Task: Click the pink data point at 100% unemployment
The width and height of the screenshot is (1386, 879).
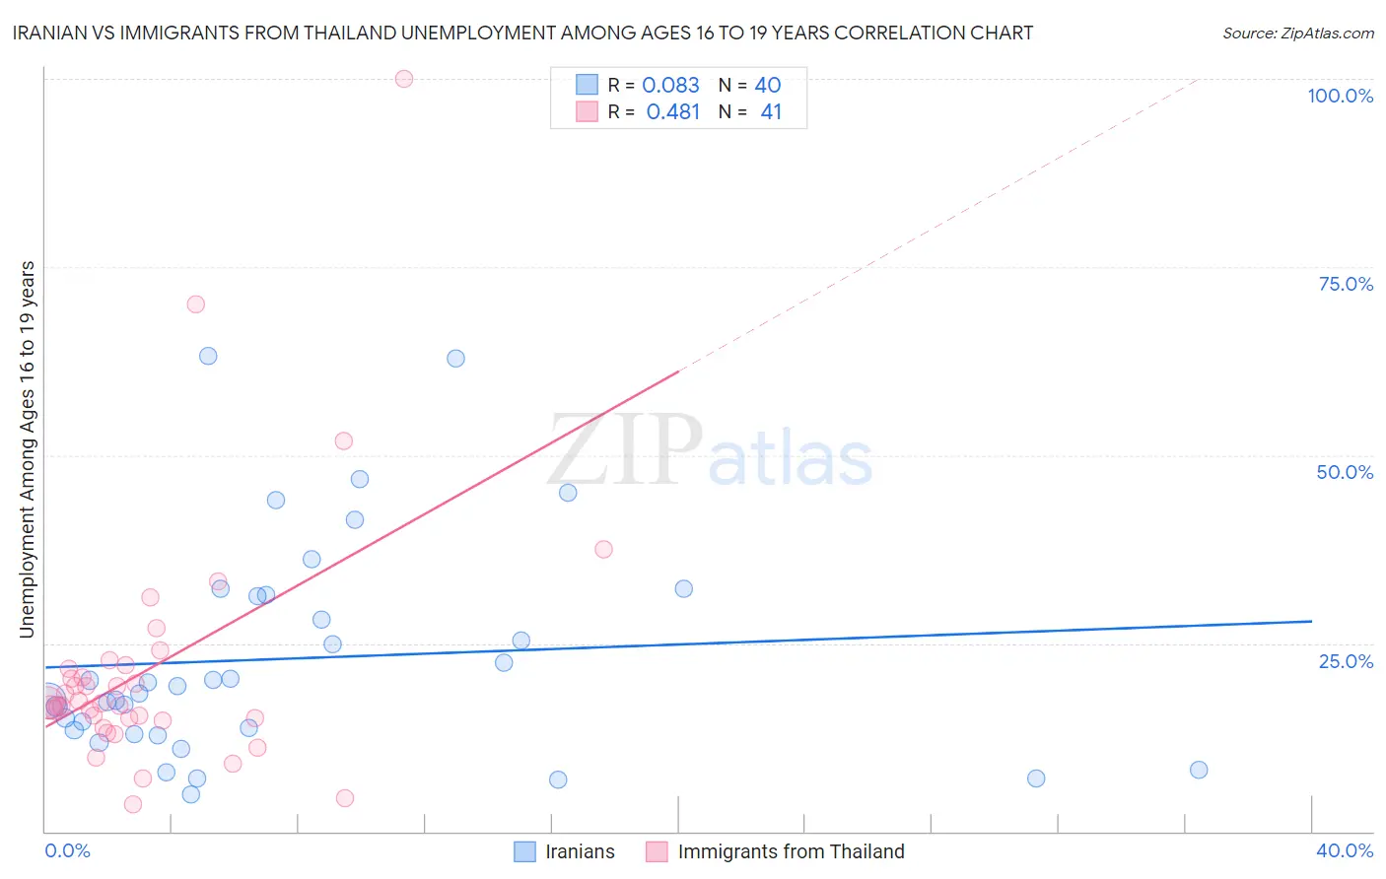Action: pos(403,79)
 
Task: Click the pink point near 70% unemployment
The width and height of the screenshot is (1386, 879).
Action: pos(195,304)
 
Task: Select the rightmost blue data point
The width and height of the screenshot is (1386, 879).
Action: pos(1199,770)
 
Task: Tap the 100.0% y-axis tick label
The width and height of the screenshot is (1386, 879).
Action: pos(1340,96)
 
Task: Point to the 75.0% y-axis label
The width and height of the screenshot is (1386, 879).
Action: pos(1346,284)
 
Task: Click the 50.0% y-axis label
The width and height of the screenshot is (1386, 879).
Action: pos(1345,472)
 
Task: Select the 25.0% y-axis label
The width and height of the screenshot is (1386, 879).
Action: pos(1346,661)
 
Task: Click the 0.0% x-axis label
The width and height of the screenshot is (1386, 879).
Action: pos(67,850)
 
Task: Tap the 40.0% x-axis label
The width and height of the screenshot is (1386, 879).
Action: pos(1345,850)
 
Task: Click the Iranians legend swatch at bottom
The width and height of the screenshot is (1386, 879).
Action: pos(525,851)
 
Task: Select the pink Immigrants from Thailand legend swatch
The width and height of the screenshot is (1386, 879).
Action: pos(658,851)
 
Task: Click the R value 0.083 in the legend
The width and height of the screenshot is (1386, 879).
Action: pos(670,86)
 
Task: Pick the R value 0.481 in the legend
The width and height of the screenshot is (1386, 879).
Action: pos(672,112)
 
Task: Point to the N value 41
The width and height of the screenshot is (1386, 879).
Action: pos(771,112)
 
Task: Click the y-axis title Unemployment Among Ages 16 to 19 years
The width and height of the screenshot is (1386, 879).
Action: pos(28,449)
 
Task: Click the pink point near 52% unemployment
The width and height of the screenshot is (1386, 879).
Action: pos(343,440)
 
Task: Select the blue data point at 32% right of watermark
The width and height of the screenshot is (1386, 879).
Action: pos(683,588)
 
